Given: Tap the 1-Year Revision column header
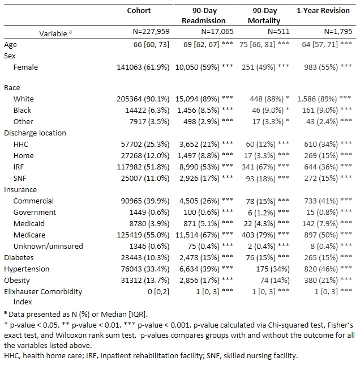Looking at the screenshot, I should coord(323,11).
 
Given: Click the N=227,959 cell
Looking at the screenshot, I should coord(145,33).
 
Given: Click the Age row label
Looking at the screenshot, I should coord(10,44).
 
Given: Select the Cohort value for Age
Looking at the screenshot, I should coord(149,44).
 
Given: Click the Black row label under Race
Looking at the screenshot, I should coord(23,110).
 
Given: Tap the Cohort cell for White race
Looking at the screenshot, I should coord(141,99).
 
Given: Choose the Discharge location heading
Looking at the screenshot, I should coord(35,133).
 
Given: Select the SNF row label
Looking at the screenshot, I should coord(21,178).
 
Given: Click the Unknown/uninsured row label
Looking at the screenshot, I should coord(48,246).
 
